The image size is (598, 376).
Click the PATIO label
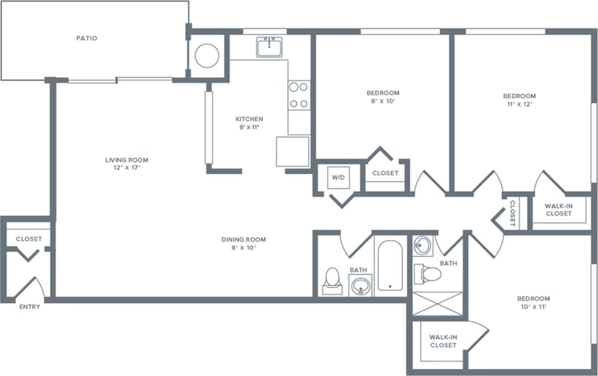click(86, 38)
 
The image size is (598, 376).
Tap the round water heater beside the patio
click(207, 55)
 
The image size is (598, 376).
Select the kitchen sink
click(269, 47)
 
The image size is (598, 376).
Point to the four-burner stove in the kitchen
click(298, 95)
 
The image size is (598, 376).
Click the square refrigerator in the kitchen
click(292, 152)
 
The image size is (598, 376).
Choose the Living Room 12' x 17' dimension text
click(127, 168)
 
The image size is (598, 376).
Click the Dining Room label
click(244, 239)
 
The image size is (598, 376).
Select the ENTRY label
click(29, 306)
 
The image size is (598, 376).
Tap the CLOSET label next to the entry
click(29, 239)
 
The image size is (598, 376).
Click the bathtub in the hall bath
click(390, 266)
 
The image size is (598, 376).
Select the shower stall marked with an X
click(437, 303)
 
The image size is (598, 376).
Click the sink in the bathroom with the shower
click(423, 245)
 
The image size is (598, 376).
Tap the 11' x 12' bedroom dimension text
click(519, 104)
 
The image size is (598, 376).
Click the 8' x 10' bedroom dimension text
click(382, 101)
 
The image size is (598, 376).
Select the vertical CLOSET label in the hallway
click(512, 213)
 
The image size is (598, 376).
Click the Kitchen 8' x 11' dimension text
click(249, 127)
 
